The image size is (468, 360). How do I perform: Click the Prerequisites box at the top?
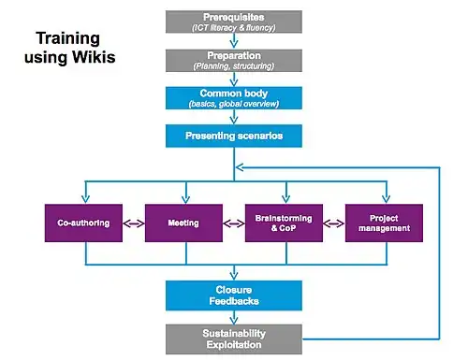pyautogui.click(x=232, y=22)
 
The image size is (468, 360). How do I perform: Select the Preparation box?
pyautogui.click(x=232, y=60)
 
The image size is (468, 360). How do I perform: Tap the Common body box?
pyautogui.click(x=232, y=98)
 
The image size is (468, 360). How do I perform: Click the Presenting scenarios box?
pyautogui.click(x=232, y=137)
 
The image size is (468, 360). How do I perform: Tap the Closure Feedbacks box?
pyautogui.click(x=232, y=295)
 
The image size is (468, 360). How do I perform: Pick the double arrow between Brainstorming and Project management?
pyautogui.click(x=332, y=223)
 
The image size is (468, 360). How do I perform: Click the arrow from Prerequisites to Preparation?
pyautogui.click(x=232, y=40)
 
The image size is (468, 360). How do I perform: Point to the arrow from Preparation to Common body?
pyautogui.click(x=232, y=79)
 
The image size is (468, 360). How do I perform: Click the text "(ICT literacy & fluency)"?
pyautogui.click(x=232, y=27)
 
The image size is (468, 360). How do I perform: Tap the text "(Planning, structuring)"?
pyautogui.click(x=232, y=66)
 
